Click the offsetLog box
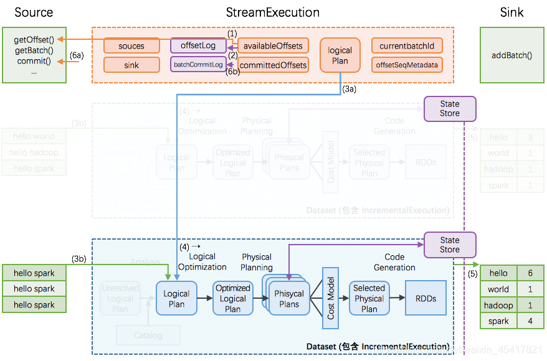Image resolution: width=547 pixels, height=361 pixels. point(198,45)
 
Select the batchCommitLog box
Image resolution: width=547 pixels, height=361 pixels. point(198,64)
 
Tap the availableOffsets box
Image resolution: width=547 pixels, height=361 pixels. point(273,46)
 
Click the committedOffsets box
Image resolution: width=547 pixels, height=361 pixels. point(273,65)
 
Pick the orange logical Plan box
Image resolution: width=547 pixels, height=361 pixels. point(340,55)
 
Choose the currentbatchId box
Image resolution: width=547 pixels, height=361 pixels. point(406,46)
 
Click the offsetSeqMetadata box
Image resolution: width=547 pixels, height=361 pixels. point(406,65)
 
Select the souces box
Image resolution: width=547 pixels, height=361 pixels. point(131,46)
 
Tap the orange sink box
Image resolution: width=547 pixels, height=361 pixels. point(131,65)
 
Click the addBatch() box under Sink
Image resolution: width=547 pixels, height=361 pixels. point(511,55)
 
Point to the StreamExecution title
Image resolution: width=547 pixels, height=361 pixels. point(273,12)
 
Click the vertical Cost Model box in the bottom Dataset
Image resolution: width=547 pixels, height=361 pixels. point(330,298)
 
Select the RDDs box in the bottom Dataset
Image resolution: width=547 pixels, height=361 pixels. point(426,298)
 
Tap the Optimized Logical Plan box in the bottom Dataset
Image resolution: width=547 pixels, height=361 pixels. point(232,298)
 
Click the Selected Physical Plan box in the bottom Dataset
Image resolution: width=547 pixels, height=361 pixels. point(369,298)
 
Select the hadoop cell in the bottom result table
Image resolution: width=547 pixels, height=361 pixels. point(498,305)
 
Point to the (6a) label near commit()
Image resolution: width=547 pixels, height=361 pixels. point(76,55)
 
